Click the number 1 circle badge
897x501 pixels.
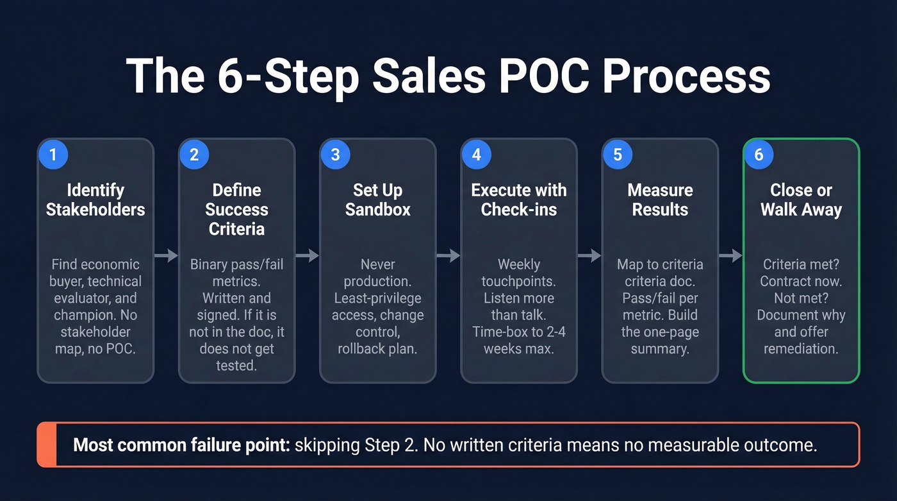53,155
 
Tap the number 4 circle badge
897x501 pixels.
476,155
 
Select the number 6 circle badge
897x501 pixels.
759,155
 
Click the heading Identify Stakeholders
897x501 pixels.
95,200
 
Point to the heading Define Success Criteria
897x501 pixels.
236,209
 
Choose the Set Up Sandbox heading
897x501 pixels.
377,200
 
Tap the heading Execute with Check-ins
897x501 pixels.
518,200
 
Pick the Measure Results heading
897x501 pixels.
660,200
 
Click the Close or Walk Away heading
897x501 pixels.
801,200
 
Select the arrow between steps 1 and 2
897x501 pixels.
166,255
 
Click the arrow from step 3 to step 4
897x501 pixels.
448,255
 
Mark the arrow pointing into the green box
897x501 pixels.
730,255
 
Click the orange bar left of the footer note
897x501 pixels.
47,445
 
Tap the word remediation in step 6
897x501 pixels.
801,348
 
